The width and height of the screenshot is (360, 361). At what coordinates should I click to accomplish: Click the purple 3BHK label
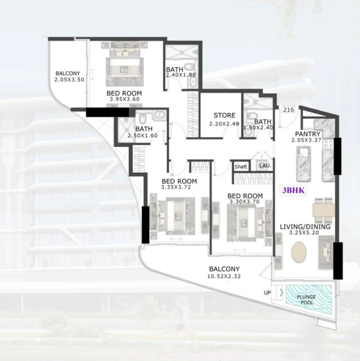(294, 191)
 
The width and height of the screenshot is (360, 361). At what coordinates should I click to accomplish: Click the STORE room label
(224, 116)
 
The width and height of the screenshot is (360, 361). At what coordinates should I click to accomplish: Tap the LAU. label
(265, 166)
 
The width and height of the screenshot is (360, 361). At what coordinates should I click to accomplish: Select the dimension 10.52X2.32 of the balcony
(224, 276)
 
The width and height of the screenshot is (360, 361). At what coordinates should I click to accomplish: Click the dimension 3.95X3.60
(124, 100)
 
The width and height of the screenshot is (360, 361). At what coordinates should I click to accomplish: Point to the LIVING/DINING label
(305, 227)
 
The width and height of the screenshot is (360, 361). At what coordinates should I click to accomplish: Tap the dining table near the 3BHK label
(323, 210)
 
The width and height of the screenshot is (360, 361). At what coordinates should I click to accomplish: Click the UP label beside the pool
(267, 293)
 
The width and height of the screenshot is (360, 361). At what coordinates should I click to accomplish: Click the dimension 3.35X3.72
(179, 187)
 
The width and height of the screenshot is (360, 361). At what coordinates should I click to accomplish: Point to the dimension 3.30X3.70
(245, 202)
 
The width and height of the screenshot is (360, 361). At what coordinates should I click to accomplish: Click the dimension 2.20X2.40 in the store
(224, 124)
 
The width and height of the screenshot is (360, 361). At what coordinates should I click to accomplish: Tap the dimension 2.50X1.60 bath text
(143, 136)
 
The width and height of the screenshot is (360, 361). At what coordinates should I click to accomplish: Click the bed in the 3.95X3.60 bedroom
(124, 64)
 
